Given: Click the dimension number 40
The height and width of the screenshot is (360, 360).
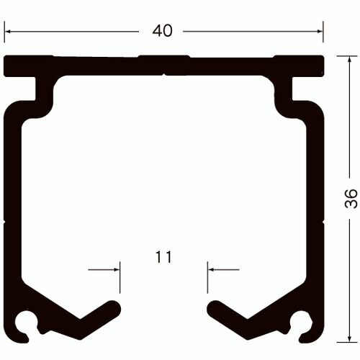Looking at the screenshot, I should coord(162,31).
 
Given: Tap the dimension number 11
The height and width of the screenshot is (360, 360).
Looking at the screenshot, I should coord(163,257).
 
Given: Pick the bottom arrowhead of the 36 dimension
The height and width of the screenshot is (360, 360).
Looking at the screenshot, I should coord(349,340).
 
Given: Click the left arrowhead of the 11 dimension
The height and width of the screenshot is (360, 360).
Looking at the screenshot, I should coord(117,270).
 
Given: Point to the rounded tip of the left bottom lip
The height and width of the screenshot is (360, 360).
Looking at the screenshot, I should coord(114,306).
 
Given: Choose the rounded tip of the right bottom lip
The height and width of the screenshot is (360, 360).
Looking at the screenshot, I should coord(214,306).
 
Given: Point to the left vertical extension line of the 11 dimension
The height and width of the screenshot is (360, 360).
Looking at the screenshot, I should coord(120,281).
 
